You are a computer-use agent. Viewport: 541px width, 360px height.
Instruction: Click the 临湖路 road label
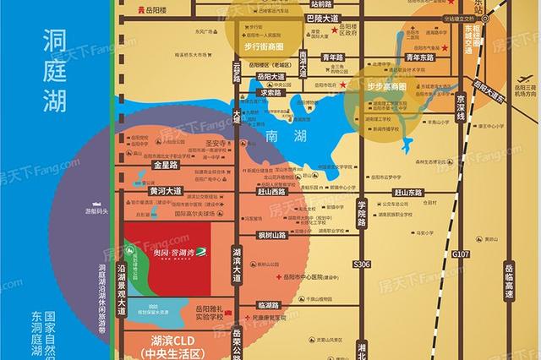[268, 304]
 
